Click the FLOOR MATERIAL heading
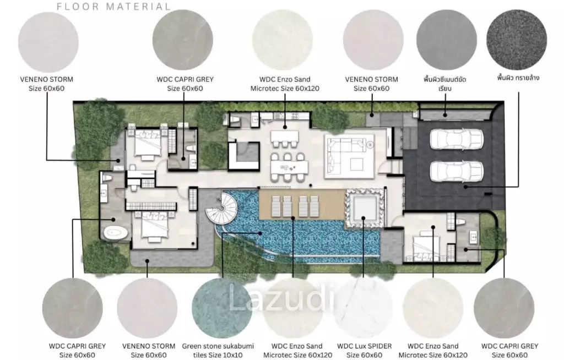pos(113,6)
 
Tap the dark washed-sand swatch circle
pos(517,40)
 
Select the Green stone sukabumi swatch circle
pos(223,308)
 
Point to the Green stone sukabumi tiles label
pos(218,350)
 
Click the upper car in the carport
pos(457,139)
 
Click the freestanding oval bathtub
pos(116,233)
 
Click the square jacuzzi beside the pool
pos(365,209)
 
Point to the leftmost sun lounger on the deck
pos(276,206)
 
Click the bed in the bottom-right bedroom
pos(426,248)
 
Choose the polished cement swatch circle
pos(446,40)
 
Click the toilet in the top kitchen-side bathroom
pos(235,119)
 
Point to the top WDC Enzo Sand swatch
pos(283,40)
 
